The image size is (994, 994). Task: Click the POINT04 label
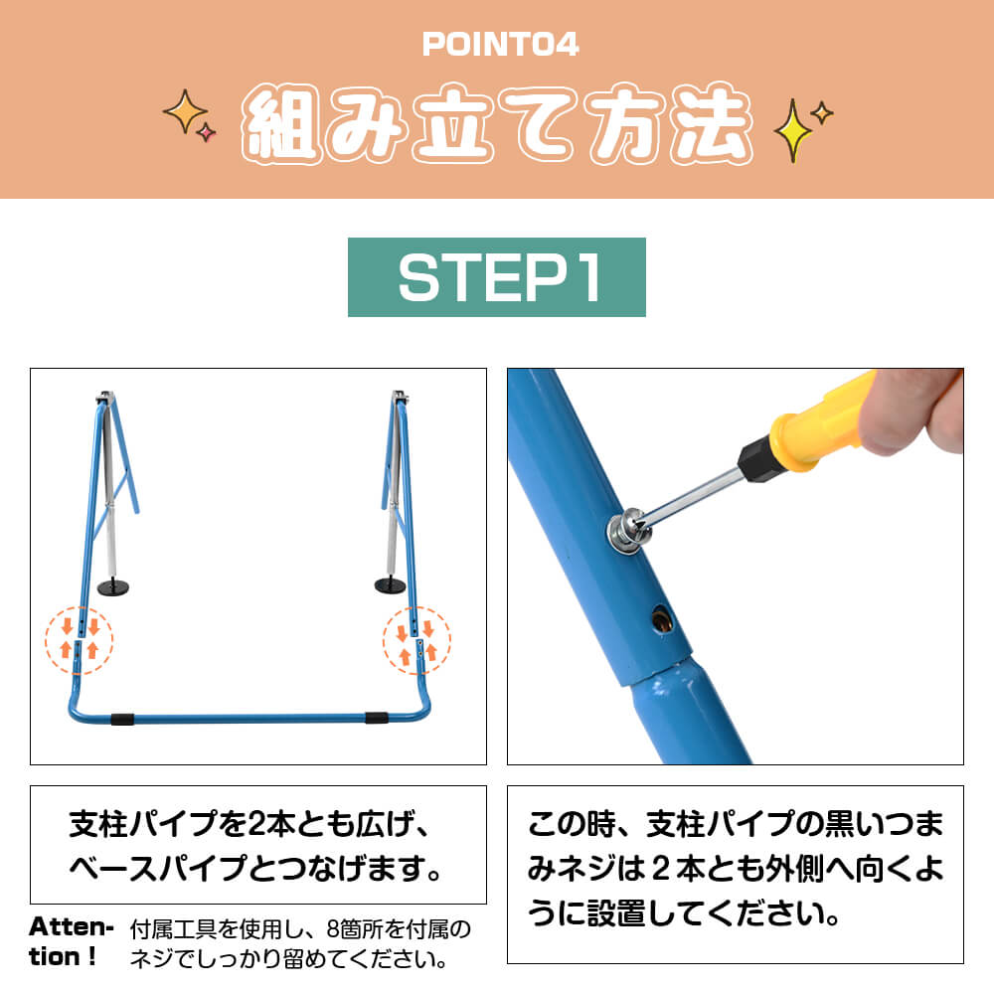(x=500, y=45)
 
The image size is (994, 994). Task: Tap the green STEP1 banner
(x=496, y=277)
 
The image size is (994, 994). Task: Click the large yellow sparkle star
(x=792, y=130)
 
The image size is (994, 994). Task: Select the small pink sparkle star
(x=206, y=132)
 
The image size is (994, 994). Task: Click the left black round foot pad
(x=113, y=587)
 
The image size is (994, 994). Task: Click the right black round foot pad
(x=390, y=585)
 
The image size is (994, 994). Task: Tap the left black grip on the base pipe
(x=122, y=719)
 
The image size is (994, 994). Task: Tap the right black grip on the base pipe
(x=377, y=718)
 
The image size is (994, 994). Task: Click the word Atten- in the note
(x=71, y=927)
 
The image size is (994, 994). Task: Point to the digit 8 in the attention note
(x=333, y=929)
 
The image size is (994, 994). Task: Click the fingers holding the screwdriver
(x=919, y=413)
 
